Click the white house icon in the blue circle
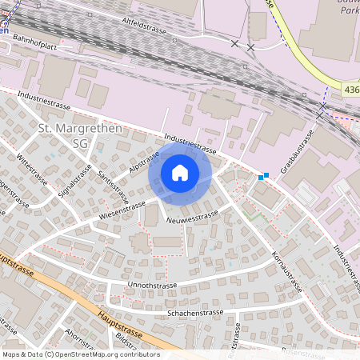click(x=180, y=173)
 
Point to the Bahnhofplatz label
click(x=34, y=47)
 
